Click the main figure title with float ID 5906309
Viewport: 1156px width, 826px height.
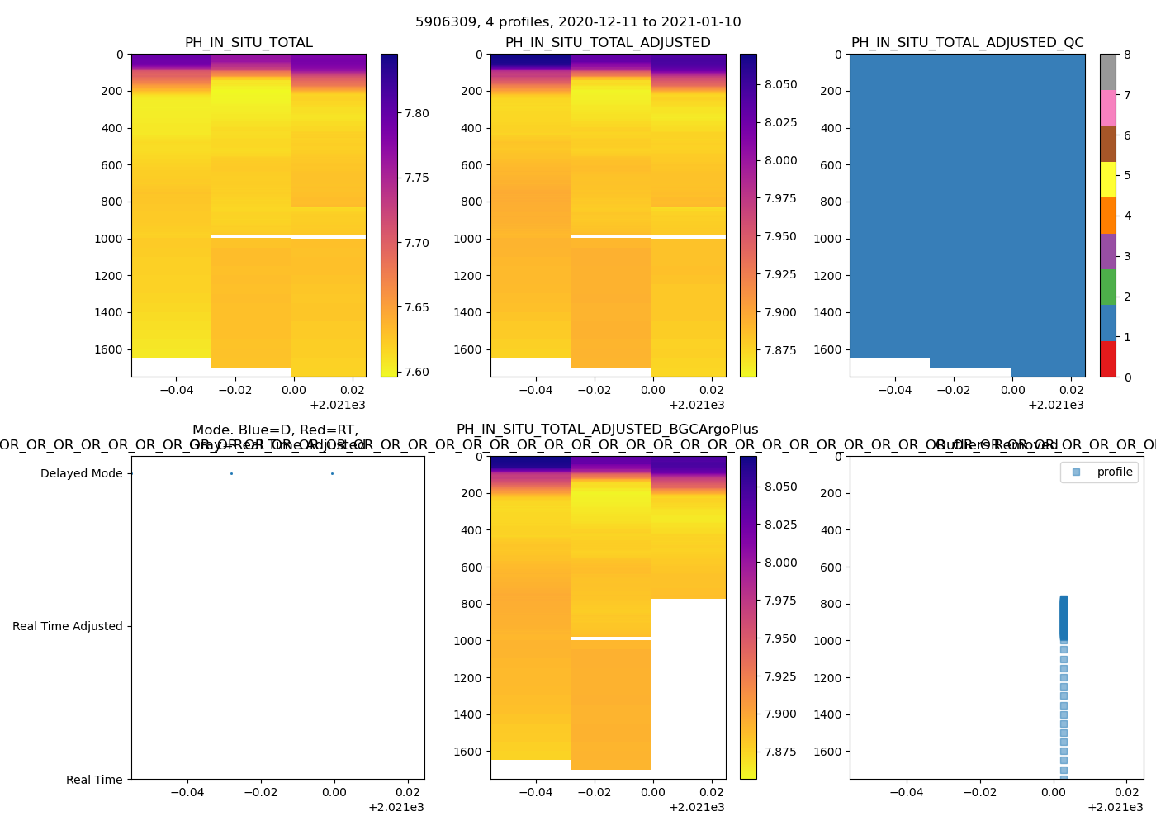point(578,22)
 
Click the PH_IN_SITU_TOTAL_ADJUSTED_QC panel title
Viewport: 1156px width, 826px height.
point(967,43)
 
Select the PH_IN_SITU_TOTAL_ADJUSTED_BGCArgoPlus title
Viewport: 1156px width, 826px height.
point(607,430)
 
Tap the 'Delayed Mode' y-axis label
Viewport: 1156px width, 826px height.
point(81,473)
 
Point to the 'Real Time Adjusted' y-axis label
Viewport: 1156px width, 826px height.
point(67,626)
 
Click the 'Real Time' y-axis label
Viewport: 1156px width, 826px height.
point(94,780)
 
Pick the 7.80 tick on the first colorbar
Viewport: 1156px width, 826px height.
point(417,113)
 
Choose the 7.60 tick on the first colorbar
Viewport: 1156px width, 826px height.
point(417,372)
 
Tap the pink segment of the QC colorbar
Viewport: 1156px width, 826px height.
point(1107,107)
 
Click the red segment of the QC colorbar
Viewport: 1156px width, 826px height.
point(1107,359)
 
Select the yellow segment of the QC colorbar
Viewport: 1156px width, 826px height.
point(1107,179)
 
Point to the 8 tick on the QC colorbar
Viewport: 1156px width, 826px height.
point(1127,55)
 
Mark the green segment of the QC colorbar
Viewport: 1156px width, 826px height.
point(1107,287)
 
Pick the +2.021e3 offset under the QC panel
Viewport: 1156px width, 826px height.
point(1055,405)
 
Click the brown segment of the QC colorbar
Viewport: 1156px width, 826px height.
point(1107,144)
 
